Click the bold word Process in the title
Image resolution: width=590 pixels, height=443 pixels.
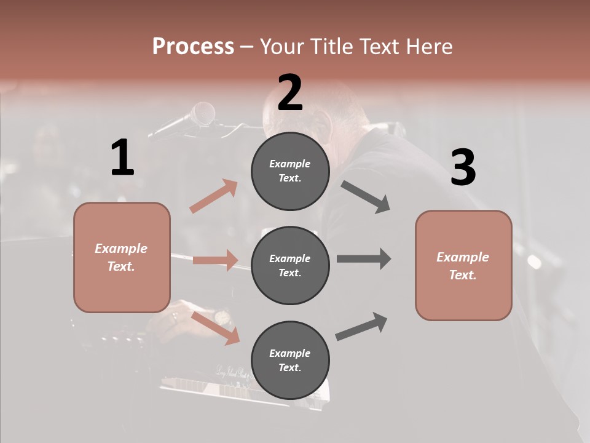click(x=193, y=47)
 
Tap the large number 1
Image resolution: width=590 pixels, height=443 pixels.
click(x=122, y=158)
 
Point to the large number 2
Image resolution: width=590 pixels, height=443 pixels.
click(x=290, y=93)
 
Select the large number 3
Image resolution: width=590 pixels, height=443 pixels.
click(x=463, y=168)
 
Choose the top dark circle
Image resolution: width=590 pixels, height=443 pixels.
click(x=290, y=171)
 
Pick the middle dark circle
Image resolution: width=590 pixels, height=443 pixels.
click(x=290, y=265)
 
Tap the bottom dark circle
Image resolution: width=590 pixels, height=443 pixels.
click(x=290, y=360)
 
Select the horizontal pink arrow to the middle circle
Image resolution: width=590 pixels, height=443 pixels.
click(x=215, y=260)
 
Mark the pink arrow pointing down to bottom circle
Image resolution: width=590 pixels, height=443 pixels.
click(x=215, y=328)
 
